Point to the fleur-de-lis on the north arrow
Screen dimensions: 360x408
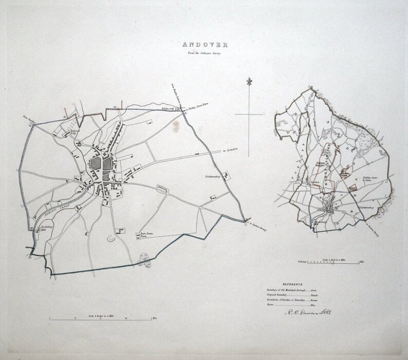pos(249,81)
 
